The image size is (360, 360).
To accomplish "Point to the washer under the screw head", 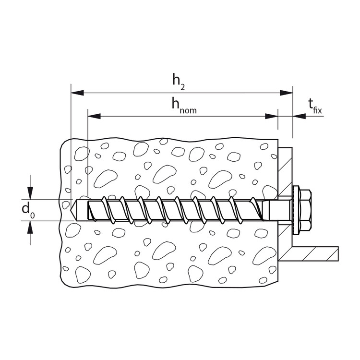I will coord(294,210).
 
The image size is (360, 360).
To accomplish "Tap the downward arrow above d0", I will coord(31,194).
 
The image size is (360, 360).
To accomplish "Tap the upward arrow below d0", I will coord(31,227).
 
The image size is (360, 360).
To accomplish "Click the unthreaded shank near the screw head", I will coord(278,210).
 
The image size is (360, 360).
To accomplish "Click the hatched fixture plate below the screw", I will coord(285,240).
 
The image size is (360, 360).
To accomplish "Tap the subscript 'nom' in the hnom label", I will coord(189,110).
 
